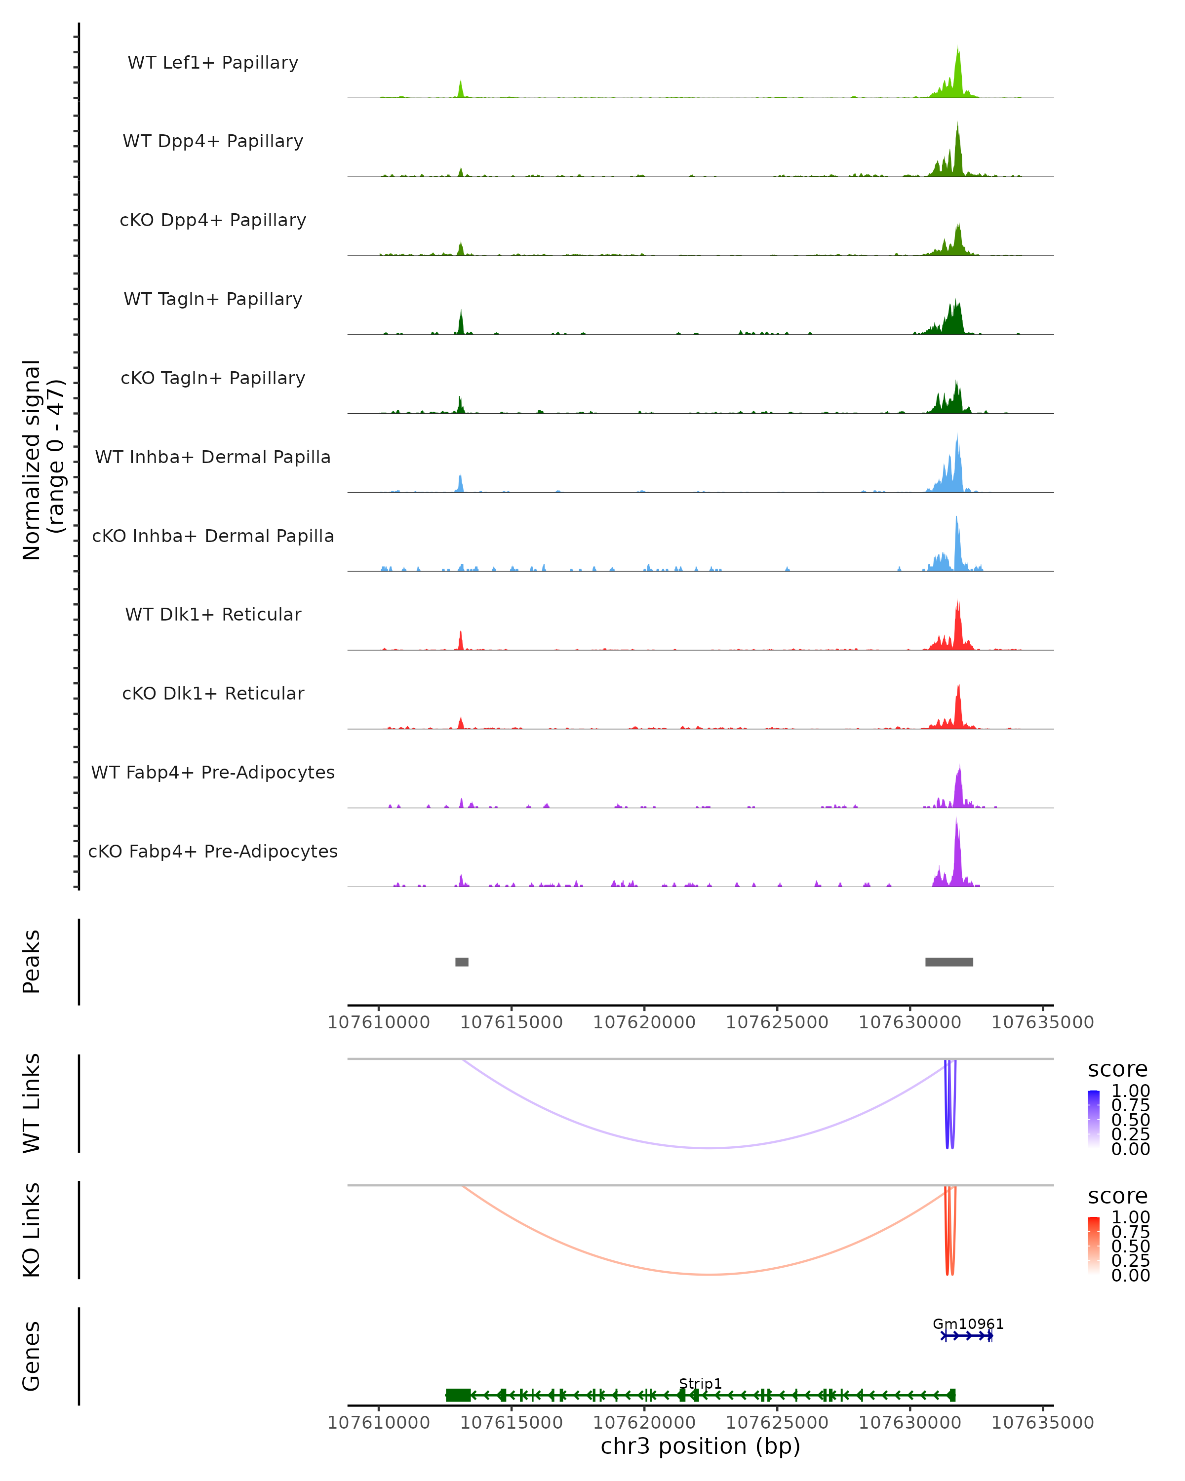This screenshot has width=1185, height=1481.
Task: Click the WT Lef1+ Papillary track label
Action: point(213,63)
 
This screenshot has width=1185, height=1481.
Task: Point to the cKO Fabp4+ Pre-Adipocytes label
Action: point(213,851)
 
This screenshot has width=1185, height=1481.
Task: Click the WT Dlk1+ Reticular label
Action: point(213,614)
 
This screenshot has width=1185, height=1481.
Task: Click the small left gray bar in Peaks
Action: point(462,962)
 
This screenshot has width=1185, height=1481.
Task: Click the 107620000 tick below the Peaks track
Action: point(644,1022)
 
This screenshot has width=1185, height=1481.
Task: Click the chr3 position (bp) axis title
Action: point(700,1446)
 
